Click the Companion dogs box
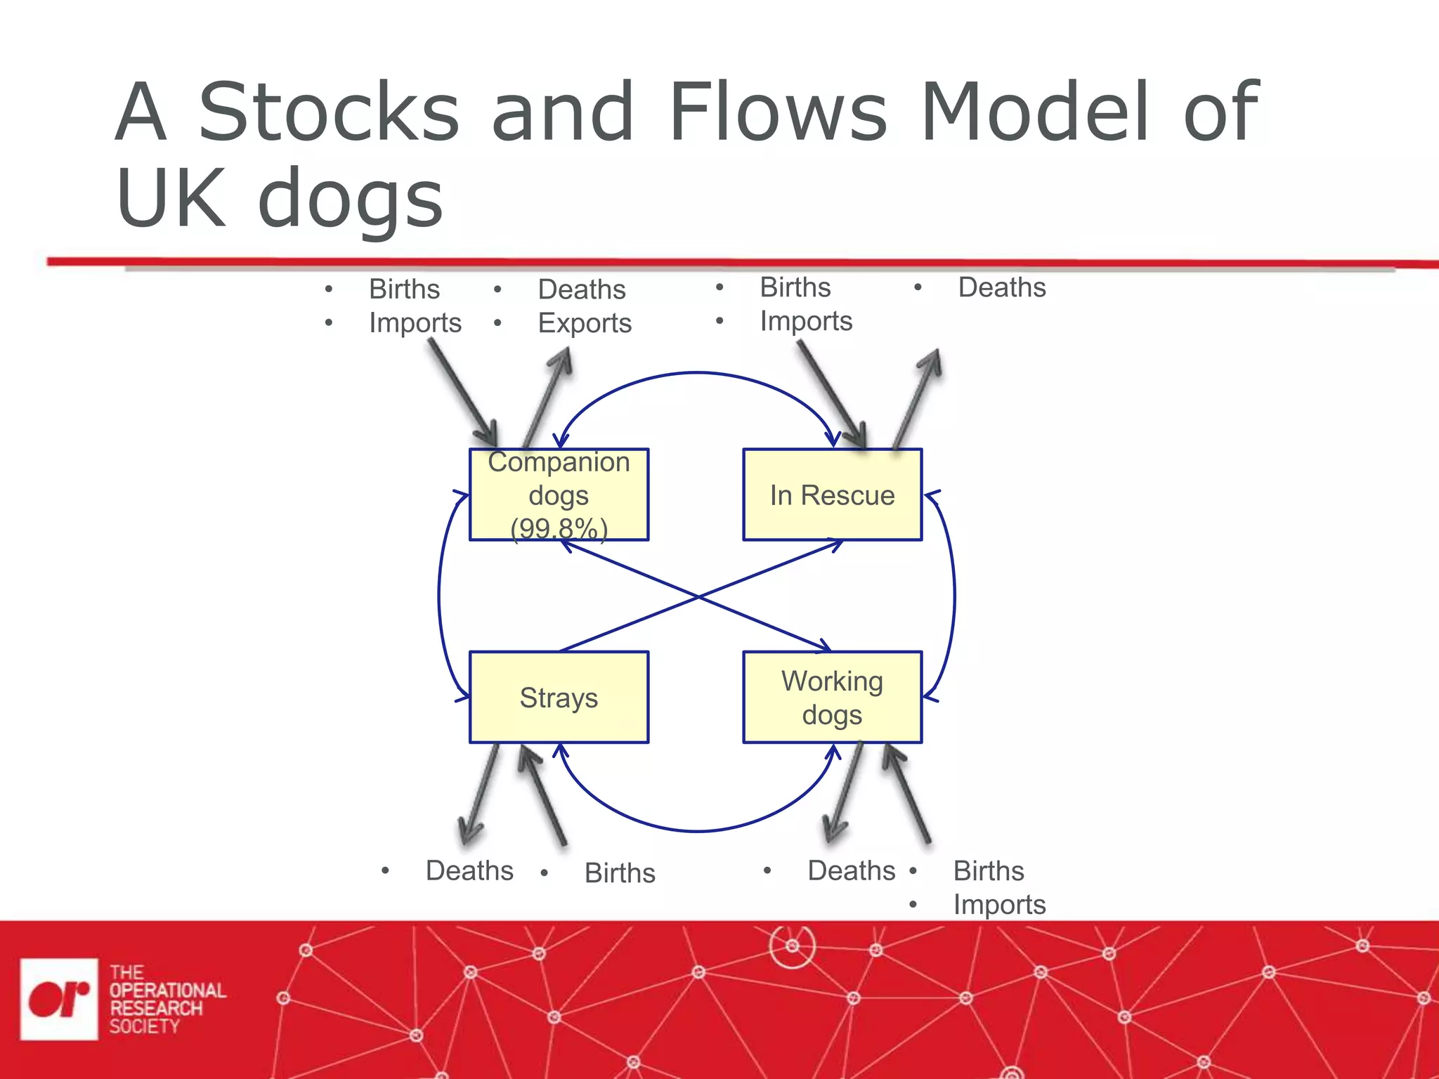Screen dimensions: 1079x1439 tap(559, 495)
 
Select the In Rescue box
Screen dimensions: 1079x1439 tap(832, 495)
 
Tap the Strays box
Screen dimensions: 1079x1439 tap(559, 697)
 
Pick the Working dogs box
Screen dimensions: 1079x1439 tap(832, 697)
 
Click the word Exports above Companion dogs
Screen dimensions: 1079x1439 tap(584, 323)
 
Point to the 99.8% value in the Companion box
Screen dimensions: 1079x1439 tap(559, 528)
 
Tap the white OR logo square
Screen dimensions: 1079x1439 tap(59, 998)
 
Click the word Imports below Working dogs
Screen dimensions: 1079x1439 tap(998, 904)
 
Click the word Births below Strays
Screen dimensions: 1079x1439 tap(619, 872)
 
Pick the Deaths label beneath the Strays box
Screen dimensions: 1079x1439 tap(469, 870)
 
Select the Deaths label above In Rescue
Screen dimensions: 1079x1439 tap(1001, 287)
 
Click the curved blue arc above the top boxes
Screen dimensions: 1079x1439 tap(697, 373)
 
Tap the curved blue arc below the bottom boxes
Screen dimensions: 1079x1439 tap(697, 831)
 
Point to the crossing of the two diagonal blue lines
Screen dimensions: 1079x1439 tap(697, 596)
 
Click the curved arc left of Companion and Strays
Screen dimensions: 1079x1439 tap(439, 596)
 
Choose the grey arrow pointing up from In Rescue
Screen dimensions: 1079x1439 tap(917, 397)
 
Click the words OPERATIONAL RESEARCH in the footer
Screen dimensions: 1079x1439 tap(167, 999)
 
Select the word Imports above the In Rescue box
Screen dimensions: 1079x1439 tap(805, 321)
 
